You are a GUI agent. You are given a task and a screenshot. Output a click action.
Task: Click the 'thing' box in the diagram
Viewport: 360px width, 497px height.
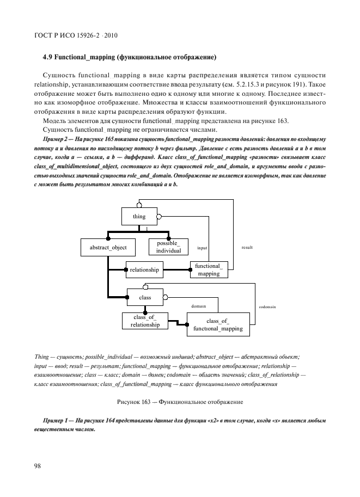(139, 217)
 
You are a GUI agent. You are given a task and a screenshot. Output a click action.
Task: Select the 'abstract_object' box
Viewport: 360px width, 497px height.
(108, 247)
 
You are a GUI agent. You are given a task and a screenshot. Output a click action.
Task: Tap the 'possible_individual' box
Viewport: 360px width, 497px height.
(168, 247)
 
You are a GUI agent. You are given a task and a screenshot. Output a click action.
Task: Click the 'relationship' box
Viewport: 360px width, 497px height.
(144, 269)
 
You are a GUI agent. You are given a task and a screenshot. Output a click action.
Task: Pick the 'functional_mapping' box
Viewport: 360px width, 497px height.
(208, 269)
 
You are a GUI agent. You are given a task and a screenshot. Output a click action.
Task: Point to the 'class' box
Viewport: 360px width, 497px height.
(145, 298)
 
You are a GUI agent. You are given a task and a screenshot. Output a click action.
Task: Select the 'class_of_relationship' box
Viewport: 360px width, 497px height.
(145, 321)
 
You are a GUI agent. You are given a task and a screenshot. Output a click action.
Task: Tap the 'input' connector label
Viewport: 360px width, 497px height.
(202, 247)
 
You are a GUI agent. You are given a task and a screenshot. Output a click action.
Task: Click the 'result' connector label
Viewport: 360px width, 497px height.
(247, 247)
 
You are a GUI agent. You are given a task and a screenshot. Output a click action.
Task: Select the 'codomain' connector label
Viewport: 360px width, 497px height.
(267, 306)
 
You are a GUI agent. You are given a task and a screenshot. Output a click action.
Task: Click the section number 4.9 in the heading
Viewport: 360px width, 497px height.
(47, 57)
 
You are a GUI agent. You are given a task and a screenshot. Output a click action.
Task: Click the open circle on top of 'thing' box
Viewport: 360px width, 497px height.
(139, 205)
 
